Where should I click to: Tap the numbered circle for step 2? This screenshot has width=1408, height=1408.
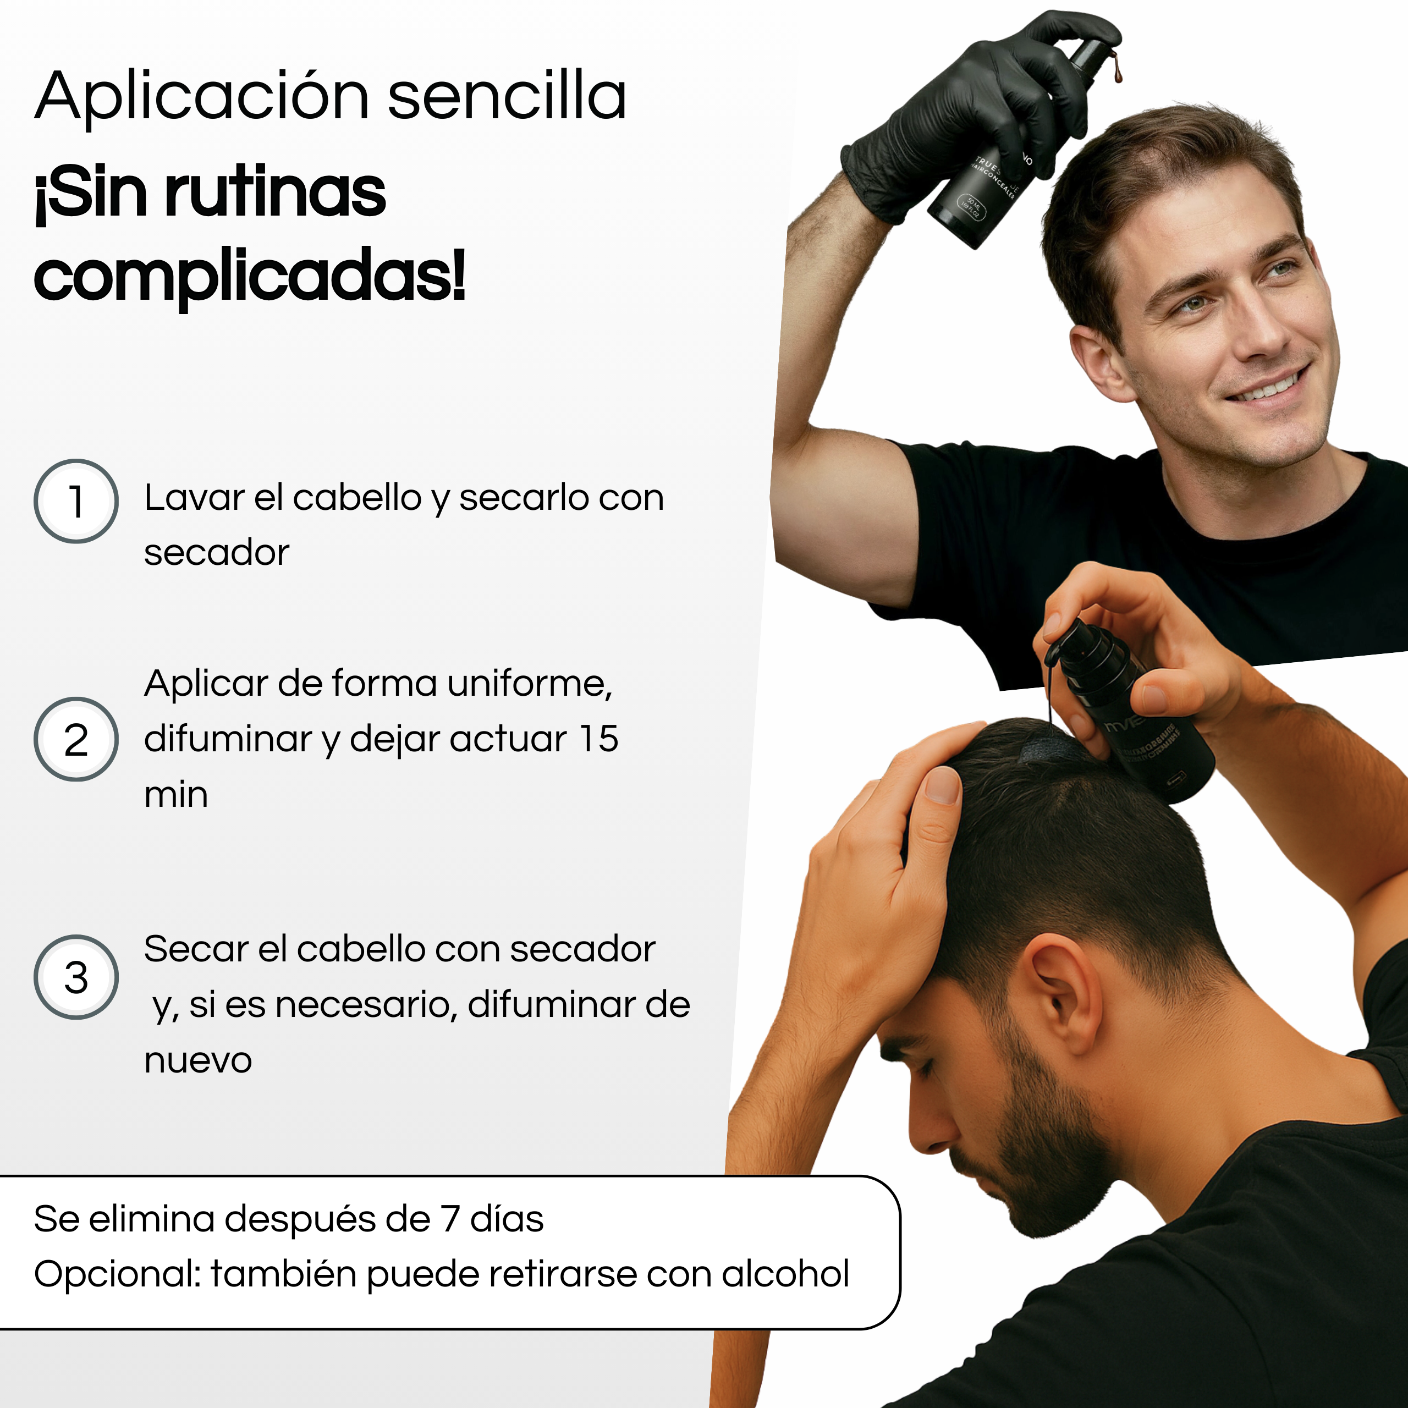pos(76,739)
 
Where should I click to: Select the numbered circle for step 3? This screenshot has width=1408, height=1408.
pos(76,977)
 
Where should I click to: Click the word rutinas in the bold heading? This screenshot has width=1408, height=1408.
pos(275,193)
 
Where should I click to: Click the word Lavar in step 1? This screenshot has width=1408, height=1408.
pos(194,498)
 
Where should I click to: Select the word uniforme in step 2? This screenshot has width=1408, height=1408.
pos(529,684)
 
